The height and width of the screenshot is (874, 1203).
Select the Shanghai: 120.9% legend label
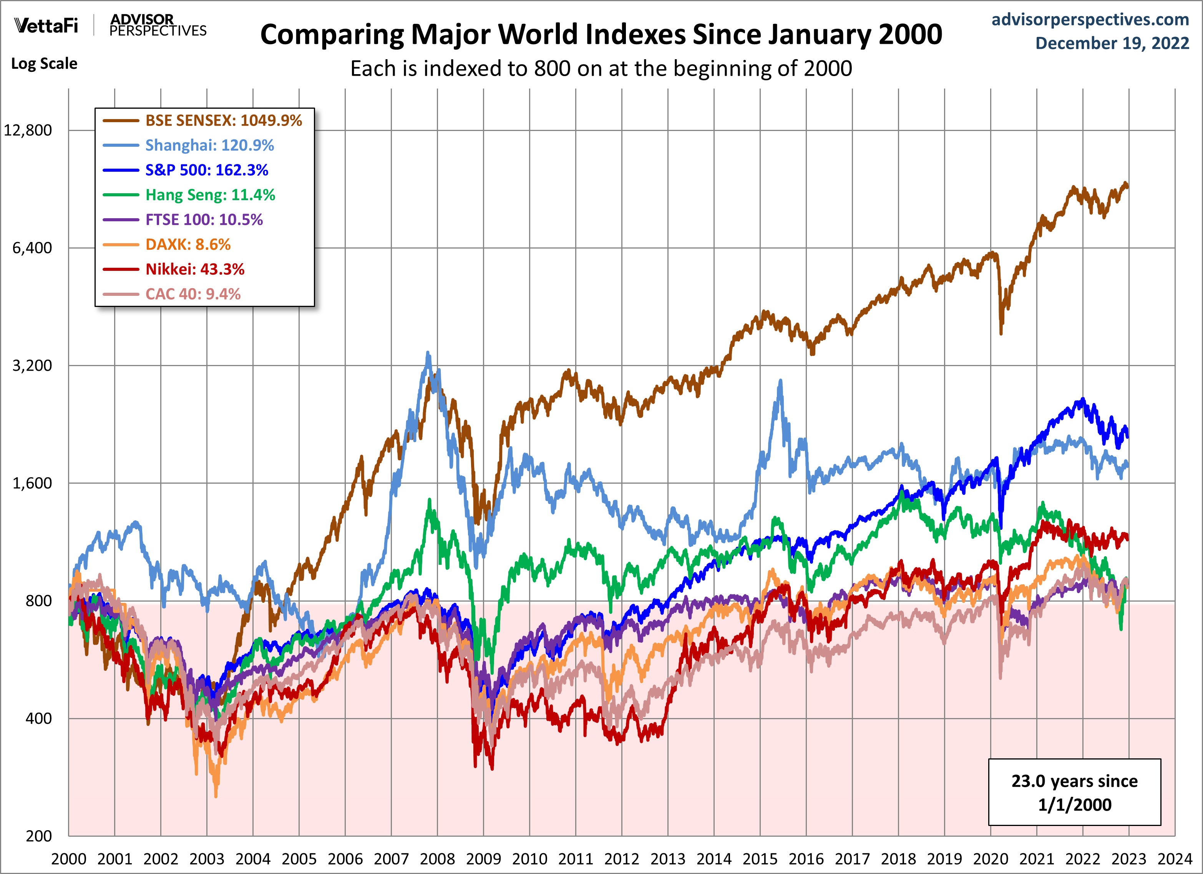209,145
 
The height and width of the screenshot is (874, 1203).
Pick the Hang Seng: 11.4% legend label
210,195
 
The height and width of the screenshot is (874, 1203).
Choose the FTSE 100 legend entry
204,220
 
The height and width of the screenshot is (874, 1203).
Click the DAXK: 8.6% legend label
188,244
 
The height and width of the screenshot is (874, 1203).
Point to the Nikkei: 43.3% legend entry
195,269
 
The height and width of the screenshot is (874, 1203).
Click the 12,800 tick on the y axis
28,131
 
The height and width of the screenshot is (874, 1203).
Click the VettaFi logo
46,25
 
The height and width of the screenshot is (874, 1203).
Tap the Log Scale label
44,64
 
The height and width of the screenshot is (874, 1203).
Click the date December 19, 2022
1112,43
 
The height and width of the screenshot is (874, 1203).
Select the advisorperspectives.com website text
1090,20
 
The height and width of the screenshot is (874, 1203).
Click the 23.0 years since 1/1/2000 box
1074,792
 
